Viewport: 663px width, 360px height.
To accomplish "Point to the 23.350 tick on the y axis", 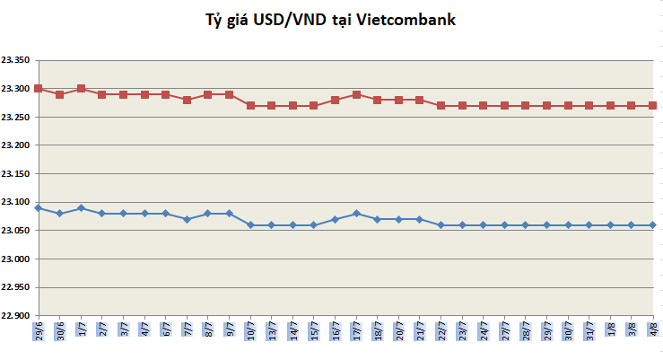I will (x=16, y=60).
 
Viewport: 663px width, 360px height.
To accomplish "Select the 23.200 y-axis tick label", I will (x=16, y=145).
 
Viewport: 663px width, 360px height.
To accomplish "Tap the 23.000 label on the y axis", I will (x=16, y=259).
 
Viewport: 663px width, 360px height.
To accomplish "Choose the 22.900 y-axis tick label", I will (x=16, y=315).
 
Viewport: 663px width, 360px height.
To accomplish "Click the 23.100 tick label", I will (x=16, y=202).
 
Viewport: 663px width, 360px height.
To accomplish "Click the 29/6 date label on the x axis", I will (x=39, y=332).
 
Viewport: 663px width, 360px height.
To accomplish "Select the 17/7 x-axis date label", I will (x=356, y=332).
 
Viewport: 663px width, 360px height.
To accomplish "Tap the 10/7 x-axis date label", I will (x=250, y=332).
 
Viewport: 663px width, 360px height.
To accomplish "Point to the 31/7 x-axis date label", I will (x=589, y=332).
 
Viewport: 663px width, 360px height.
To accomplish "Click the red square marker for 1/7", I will (x=81, y=89).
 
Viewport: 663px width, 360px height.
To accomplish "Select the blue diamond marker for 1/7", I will (x=81, y=207).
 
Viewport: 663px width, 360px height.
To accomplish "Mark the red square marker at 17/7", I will (x=356, y=94).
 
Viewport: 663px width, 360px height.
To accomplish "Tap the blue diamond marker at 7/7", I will (x=187, y=219).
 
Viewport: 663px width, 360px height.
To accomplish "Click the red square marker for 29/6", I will (x=39, y=89).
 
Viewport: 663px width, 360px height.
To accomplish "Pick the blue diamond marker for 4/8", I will (x=653, y=224).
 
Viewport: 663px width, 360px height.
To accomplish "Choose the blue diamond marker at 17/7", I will (x=356, y=214).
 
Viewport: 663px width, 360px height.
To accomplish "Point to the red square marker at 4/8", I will (x=653, y=106).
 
